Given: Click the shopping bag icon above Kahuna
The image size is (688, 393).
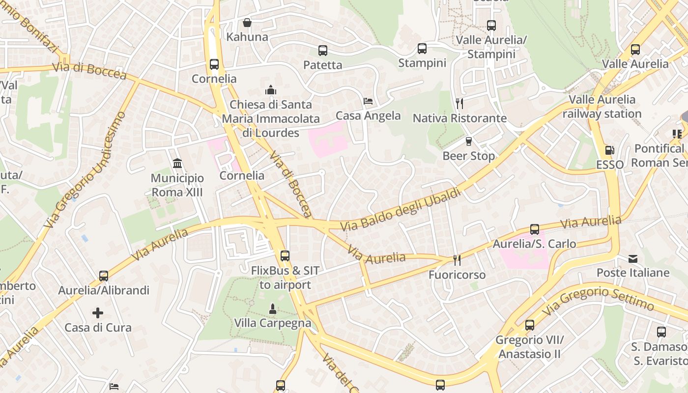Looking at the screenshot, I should tap(247, 23).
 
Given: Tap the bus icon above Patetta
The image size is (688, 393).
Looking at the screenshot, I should tap(322, 50).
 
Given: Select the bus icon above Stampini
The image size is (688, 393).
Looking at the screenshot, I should tap(422, 48).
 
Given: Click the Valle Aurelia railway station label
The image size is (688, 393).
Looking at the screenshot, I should tap(602, 107).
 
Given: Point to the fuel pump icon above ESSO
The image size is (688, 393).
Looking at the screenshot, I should tap(609, 150).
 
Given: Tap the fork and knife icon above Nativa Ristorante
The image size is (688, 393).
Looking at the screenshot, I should tap(459, 103).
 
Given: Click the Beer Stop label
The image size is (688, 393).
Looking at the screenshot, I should tap(468, 156).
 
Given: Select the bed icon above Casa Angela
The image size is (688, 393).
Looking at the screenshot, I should tap(368, 101).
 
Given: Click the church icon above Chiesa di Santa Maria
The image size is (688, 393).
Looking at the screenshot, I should tap(270, 90).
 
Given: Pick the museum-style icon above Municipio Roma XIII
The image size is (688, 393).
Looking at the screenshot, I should tap(177, 163).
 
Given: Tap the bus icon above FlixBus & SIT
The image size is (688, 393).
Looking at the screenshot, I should tap(285, 255).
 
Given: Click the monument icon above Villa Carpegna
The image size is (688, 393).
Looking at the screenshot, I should tap(272, 309).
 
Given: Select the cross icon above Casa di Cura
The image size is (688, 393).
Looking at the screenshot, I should tap(98, 312).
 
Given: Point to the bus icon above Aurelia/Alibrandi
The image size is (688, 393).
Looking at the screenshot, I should tap(103, 276).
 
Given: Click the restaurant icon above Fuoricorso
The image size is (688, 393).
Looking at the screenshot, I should tap(457, 260).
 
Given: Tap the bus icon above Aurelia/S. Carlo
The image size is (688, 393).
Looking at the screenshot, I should tap(534, 229).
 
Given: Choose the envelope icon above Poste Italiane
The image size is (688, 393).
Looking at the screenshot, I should tap(632, 258).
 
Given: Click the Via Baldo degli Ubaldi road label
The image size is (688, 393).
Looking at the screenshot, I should tap(401, 209).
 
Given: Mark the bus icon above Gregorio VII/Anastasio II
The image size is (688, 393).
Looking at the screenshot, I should tap(529, 325).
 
